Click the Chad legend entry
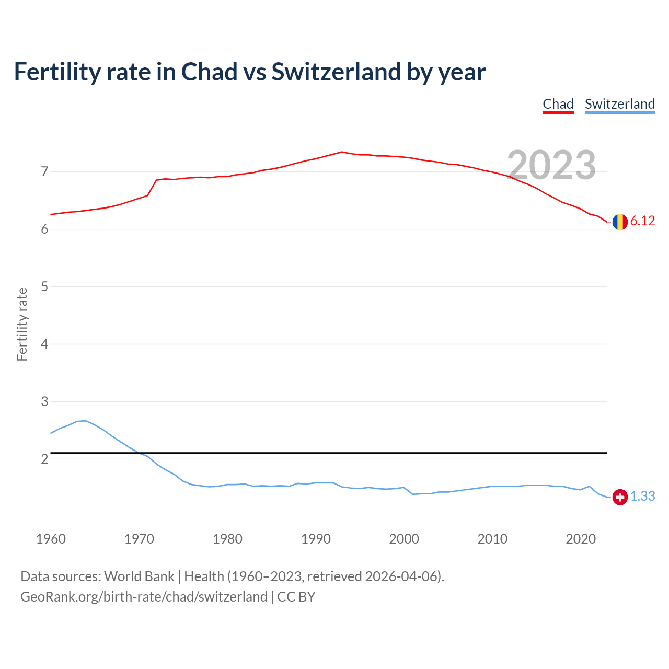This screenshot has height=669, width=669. tap(558, 104)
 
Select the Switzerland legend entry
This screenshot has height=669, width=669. tap(619, 104)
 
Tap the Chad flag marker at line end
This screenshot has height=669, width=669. tap(620, 222)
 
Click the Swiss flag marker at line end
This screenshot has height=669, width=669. tap(620, 497)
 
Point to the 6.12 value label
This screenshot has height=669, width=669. tap(642, 221)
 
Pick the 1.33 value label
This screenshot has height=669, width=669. tap(642, 497)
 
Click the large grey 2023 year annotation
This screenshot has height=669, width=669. tap(551, 165)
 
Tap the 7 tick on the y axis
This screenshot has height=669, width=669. tap(44, 171)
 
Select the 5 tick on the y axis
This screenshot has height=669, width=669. tap(44, 286)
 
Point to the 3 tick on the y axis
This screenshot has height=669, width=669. tap(44, 401)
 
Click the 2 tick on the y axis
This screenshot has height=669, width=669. tap(44, 459)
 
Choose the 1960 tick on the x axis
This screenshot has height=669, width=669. tap(51, 539)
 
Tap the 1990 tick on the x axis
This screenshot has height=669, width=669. tap(316, 539)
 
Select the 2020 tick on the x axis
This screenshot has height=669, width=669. tap(581, 539)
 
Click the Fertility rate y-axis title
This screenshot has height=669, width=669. tap(22, 324)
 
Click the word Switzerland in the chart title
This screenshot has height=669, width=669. tap(336, 72)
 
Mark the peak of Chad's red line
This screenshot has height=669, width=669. tap(342, 152)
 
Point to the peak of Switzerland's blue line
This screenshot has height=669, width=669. tap(85, 421)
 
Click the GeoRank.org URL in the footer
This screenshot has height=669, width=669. tap(144, 597)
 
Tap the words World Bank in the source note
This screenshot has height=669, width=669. tap(139, 576)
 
